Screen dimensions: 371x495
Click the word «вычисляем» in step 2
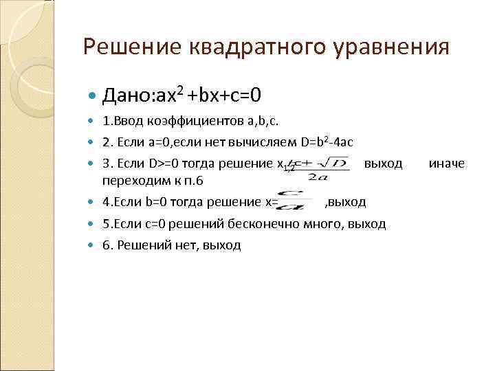(x=267, y=142)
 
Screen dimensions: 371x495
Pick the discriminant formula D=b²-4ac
(x=327, y=142)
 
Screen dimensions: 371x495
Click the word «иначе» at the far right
(x=447, y=164)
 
